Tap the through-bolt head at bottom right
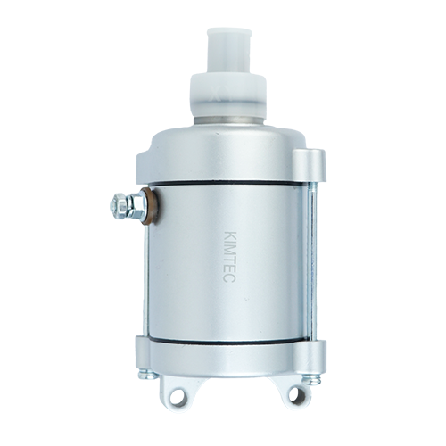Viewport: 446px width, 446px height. point(311,378)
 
